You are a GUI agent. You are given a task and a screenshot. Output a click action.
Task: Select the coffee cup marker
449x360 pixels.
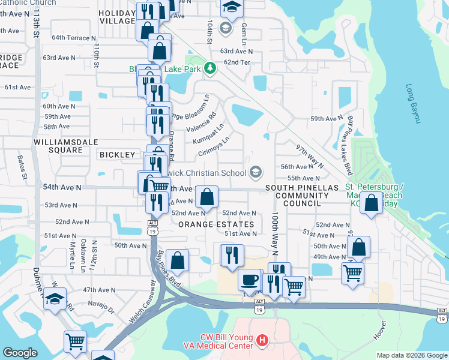coord(249,280)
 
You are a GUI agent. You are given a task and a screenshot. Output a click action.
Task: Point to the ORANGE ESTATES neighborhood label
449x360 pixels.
coord(216,224)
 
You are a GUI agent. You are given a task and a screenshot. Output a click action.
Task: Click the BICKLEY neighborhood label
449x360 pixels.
coord(117,155)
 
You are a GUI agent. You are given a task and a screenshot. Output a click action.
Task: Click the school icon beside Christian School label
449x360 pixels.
coord(256,173)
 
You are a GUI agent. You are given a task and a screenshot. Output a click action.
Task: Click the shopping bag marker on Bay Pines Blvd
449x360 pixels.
coord(177,260)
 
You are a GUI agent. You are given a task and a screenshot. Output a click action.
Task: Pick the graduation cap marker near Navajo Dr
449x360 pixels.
coord(55,299)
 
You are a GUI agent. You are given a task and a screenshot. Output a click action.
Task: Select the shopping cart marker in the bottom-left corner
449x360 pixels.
coord(75,342)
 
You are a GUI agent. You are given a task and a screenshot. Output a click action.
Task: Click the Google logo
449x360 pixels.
coord(20,353)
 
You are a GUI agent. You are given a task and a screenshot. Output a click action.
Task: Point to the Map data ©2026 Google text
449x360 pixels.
coord(411,355)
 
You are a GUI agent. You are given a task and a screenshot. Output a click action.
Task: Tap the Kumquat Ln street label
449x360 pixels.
coord(208,133)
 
